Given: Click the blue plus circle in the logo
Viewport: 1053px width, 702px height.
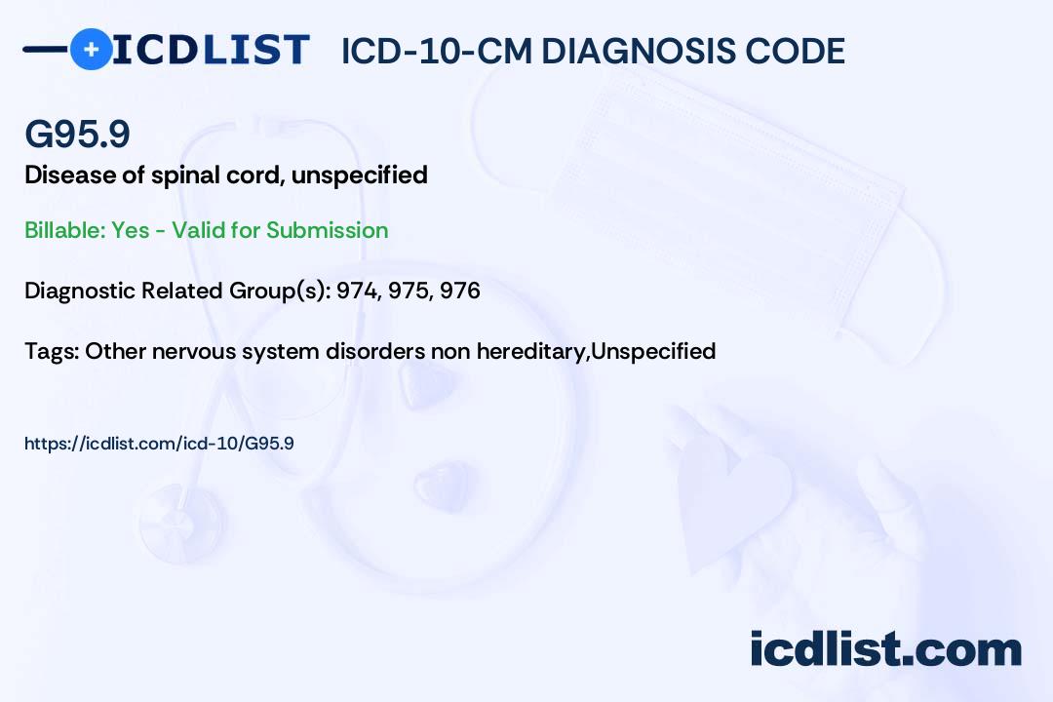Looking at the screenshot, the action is (91, 49).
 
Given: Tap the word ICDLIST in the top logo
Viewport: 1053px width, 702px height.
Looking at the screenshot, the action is (211, 50).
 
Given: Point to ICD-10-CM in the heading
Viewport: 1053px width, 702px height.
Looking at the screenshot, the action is (437, 51).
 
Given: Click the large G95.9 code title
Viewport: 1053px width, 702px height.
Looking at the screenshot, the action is (77, 134).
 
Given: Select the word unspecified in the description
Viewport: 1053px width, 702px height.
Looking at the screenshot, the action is (359, 176).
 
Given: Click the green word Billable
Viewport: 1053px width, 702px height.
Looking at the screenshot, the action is (65, 230).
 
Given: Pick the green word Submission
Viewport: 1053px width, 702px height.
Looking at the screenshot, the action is (327, 230).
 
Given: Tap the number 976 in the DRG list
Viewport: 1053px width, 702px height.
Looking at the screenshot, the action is (460, 291).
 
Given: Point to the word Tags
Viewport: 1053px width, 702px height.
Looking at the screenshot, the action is (51, 351).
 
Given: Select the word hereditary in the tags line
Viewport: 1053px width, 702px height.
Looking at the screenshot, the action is (530, 351).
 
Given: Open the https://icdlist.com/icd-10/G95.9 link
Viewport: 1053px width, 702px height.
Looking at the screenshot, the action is (159, 444).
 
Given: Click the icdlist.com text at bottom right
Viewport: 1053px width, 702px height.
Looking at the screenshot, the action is (885, 649).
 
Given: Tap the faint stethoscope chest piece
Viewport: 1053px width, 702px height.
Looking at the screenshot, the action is (181, 524).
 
